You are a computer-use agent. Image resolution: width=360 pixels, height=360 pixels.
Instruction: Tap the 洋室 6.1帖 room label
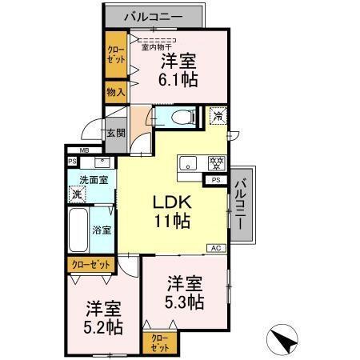pyautogui.click(x=179, y=70)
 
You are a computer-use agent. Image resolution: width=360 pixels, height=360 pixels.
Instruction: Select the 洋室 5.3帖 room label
pyautogui.click(x=186, y=292)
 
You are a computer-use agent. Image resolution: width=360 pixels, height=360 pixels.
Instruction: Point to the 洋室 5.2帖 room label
pyautogui.click(x=104, y=317)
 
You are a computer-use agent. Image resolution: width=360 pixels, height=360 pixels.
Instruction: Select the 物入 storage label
pyautogui.click(x=116, y=92)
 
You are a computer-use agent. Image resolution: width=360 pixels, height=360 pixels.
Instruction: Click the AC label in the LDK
pyautogui.click(x=215, y=248)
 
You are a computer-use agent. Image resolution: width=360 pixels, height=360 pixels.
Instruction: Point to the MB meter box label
pyautogui.click(x=84, y=150)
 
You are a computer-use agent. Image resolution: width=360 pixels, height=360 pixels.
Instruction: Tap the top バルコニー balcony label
pyautogui.click(x=153, y=16)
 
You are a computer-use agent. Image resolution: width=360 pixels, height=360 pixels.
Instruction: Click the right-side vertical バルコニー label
pyautogui.click(x=241, y=204)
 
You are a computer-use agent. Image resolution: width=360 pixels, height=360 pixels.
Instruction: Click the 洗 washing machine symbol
pyautogui.click(x=77, y=194)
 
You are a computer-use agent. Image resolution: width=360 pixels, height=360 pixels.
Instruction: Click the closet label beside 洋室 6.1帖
pyautogui.click(x=116, y=54)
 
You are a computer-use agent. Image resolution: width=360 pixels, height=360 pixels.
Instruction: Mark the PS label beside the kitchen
pyautogui.click(x=215, y=180)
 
